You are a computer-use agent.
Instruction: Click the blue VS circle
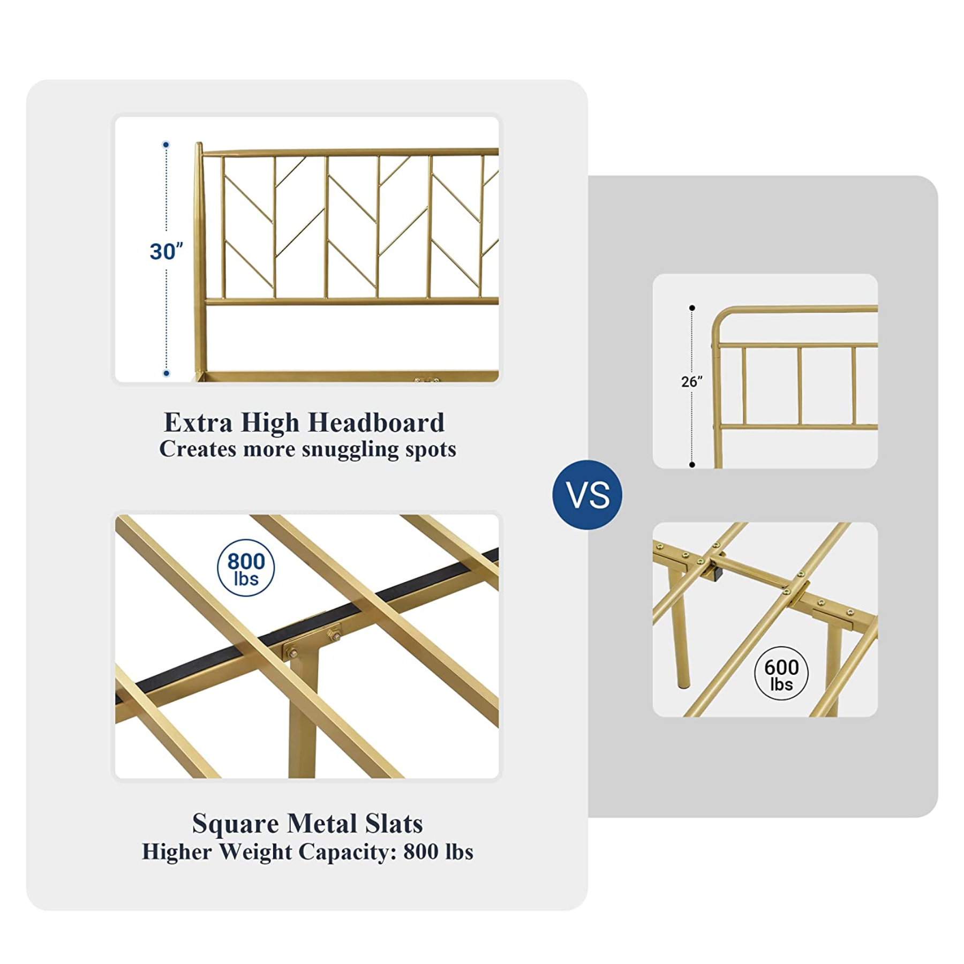pos(587,494)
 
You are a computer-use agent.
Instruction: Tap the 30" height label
pos(166,251)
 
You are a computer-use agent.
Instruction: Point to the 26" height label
pos(691,381)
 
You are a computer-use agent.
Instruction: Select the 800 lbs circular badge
pos(246,568)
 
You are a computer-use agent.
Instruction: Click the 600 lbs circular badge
pos(781,674)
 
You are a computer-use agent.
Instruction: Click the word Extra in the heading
pos(198,423)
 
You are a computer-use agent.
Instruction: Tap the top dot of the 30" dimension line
pos(166,145)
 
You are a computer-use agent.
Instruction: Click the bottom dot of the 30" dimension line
pos(166,373)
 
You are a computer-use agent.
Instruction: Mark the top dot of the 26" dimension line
pos(692,308)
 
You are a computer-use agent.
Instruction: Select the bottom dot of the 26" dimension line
pos(692,465)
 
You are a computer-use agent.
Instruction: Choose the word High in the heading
pos(270,423)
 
